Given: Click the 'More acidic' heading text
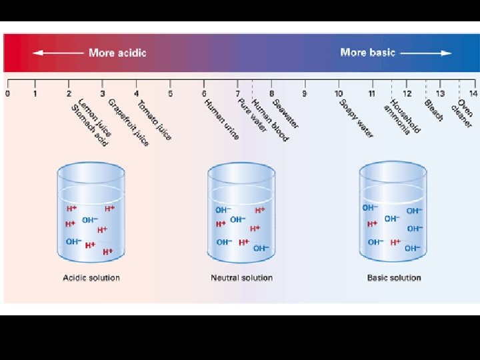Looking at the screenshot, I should pos(117,53).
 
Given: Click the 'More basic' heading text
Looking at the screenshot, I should pos(367,52).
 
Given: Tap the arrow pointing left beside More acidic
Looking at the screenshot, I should pos(58,53).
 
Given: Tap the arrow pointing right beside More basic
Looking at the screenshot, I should pos(426,52).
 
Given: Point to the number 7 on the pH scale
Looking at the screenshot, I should pos(238,93).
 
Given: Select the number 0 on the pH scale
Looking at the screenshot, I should pos(7,93).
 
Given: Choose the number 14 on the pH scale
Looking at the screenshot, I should pos(473,93).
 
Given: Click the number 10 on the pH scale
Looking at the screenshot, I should pos(339,93).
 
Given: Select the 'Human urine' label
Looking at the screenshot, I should pos(221,119).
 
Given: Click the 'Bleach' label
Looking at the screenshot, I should pos(434,111).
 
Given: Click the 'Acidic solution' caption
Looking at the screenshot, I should pos(91,278).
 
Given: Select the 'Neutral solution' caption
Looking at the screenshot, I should pos(241,278).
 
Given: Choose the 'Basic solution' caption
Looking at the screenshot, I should pos(394,278).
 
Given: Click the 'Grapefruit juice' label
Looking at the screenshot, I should pos(129,123).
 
